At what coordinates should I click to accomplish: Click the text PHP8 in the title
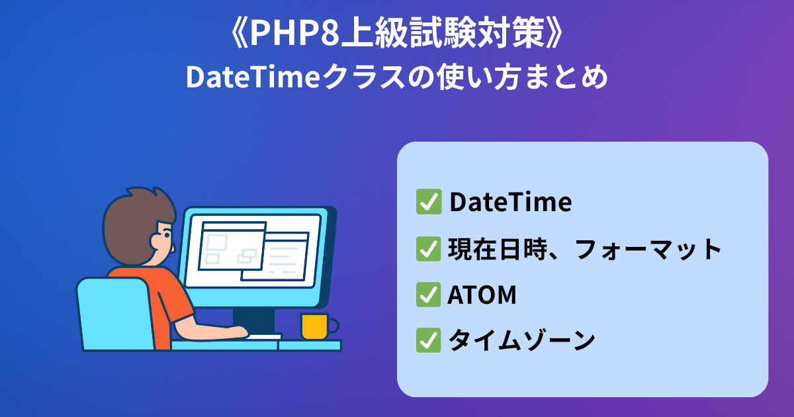(295, 33)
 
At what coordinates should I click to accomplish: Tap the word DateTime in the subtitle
(253, 77)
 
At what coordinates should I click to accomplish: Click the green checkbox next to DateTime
(429, 202)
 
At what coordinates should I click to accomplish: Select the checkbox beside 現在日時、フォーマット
(429, 249)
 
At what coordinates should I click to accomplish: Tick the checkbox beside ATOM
(429, 295)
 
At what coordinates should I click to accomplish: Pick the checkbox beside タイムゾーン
(429, 340)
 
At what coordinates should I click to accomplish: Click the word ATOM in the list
(482, 295)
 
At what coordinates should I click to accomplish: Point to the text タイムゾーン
(522, 340)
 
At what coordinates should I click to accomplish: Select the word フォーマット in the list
(648, 250)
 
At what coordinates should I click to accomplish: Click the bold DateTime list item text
(511, 202)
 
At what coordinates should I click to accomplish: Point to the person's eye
(167, 235)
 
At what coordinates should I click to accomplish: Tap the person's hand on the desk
(237, 332)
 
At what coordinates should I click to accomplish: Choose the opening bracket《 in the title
(240, 33)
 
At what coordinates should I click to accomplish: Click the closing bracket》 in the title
(554, 33)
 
